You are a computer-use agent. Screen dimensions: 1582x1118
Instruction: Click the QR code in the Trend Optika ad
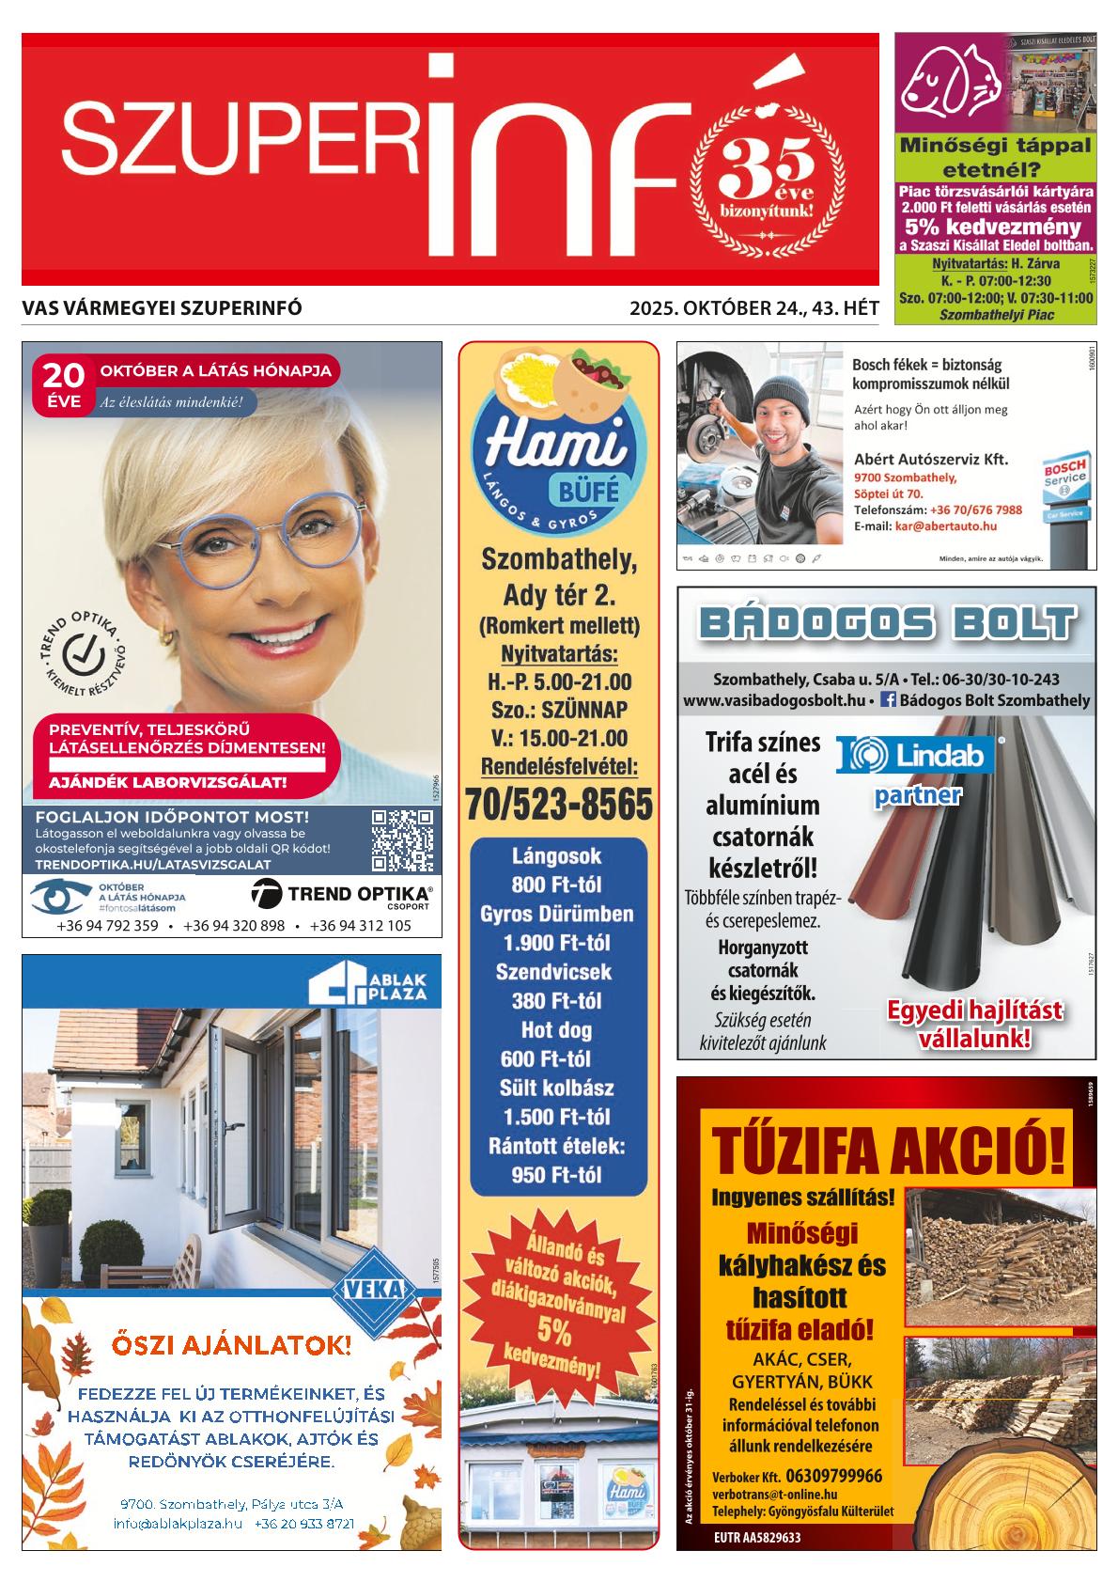pyautogui.click(x=402, y=840)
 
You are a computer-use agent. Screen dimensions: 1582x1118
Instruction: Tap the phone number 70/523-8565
pyautogui.click(x=558, y=804)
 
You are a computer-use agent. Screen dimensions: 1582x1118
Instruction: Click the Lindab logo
pyautogui.click(x=909, y=756)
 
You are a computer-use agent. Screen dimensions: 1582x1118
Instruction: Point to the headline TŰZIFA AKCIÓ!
pyautogui.click(x=888, y=1150)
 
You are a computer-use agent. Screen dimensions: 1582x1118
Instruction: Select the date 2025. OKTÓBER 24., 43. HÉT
pyautogui.click(x=753, y=307)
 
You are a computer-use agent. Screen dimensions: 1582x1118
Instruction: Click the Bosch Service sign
pyautogui.click(x=1066, y=487)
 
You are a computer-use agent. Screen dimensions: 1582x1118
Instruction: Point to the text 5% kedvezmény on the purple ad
pyautogui.click(x=993, y=227)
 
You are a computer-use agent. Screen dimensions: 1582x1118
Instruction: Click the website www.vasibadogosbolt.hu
pyautogui.click(x=773, y=699)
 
